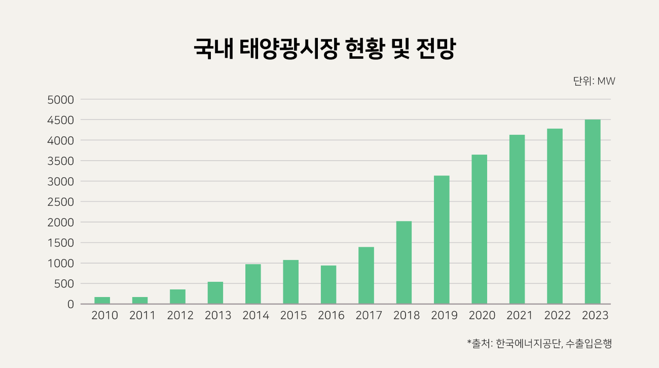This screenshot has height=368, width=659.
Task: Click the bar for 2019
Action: click(442, 240)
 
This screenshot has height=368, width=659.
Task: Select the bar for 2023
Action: click(593, 212)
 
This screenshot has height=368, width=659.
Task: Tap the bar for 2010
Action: click(102, 301)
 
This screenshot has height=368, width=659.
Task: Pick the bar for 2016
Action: click(328, 285)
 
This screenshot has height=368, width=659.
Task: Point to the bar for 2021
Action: click(517, 219)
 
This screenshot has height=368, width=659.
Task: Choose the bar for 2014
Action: click(253, 284)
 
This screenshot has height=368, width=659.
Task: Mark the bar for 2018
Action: click(404, 263)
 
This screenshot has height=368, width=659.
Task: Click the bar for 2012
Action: click(177, 297)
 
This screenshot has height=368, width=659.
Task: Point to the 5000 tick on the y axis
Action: click(60, 100)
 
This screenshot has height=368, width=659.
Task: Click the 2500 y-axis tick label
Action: click(60, 202)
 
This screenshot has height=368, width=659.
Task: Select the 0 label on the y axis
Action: click(70, 304)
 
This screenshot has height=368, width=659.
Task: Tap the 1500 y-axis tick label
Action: click(60, 243)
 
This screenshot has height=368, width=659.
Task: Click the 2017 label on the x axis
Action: click(369, 315)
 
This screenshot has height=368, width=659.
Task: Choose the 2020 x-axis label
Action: click(482, 315)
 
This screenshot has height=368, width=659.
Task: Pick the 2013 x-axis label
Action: click(218, 315)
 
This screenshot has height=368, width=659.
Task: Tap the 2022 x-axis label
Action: click(558, 315)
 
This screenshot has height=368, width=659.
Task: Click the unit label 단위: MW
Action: click(594, 81)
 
